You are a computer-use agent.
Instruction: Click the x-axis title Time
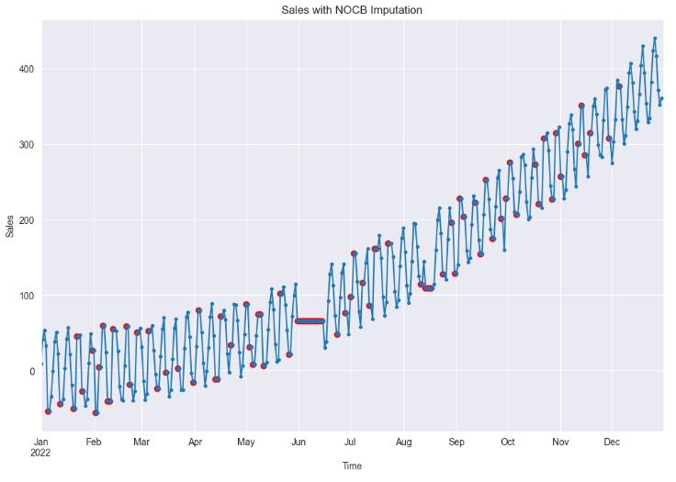point(352,466)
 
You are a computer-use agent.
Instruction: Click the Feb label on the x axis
point(94,442)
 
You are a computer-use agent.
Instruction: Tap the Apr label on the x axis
point(194,442)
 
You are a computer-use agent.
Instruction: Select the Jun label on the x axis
point(298,442)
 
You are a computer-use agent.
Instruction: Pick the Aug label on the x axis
point(404,442)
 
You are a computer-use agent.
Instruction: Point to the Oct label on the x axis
point(508,442)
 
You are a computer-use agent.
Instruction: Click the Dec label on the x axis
point(612,442)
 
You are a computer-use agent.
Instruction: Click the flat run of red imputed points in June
point(310,321)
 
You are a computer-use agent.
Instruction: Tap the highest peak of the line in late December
point(655,39)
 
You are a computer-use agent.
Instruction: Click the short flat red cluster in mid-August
point(428,287)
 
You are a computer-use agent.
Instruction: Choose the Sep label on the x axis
point(456,442)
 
